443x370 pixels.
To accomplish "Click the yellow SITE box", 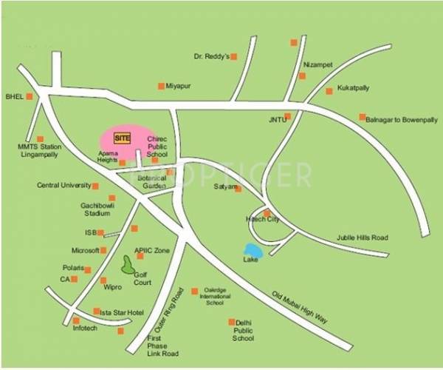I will (123, 137).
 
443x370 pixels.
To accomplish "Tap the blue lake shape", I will (253, 250).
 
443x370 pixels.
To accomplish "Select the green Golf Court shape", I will (128, 263).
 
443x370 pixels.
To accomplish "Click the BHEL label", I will (14, 96).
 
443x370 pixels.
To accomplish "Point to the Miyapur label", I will (178, 86).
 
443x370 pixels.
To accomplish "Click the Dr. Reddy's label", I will (210, 56).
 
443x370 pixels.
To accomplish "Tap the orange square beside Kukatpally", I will (329, 91).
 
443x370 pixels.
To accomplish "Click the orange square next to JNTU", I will (287, 116).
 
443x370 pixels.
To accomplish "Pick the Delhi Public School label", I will (243, 330).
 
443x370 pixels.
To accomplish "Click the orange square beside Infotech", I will (76, 320).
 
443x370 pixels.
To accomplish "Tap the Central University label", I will (63, 185).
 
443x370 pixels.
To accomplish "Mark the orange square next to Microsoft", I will (103, 250).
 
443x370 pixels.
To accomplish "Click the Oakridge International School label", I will (214, 297).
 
